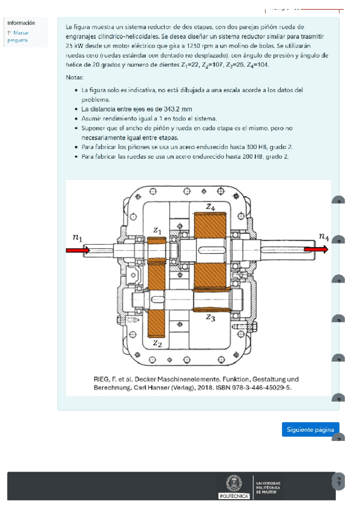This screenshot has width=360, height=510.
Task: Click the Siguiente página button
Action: click(310, 429)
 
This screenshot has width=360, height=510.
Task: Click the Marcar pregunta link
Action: click(18, 37)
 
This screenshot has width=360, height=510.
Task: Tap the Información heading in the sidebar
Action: click(21, 23)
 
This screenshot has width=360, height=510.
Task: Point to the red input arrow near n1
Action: click(78, 250)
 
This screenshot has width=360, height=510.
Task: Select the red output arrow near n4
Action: click(316, 249)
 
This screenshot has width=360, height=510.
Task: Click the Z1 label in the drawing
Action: click(157, 230)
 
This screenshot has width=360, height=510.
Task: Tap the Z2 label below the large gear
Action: click(157, 343)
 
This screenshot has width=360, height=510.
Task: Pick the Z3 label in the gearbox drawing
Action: click(210, 318)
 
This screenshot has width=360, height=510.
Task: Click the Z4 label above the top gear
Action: click(210, 207)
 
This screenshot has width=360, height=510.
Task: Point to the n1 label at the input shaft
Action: click(78, 238)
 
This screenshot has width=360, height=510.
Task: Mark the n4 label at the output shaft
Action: click(324, 236)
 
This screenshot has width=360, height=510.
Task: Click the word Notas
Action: click(75, 78)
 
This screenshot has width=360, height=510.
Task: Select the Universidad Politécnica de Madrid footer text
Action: click(268, 488)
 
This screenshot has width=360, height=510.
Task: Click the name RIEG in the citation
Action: click(102, 379)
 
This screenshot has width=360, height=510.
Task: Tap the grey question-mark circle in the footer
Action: click(338, 481)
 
